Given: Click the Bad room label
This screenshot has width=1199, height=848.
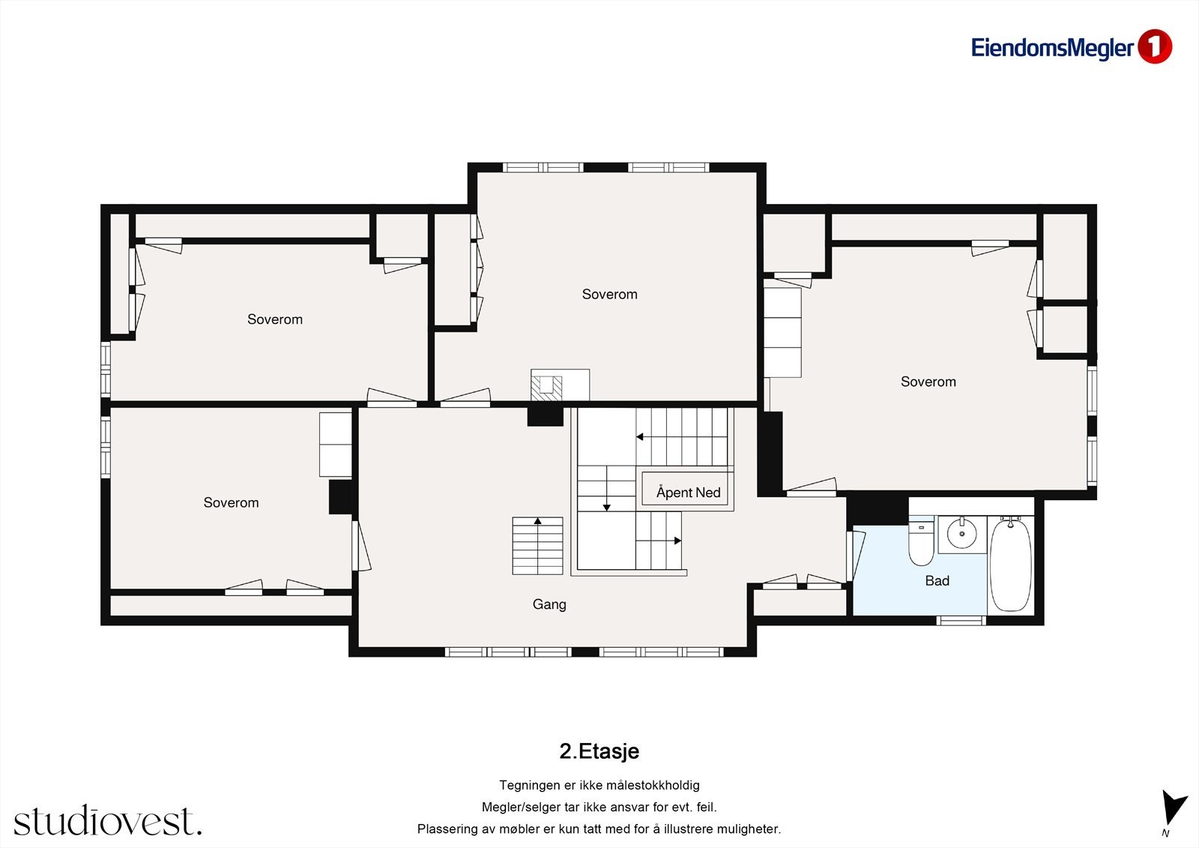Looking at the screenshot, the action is click(x=937, y=580).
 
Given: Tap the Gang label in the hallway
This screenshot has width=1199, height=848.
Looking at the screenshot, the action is click(x=549, y=604).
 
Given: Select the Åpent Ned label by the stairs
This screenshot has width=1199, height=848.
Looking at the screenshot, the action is click(x=689, y=493).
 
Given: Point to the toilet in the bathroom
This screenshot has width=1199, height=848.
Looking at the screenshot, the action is click(x=921, y=543).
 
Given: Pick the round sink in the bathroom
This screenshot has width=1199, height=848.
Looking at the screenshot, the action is click(x=962, y=534).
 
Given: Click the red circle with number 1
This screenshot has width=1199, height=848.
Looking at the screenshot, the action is click(x=1155, y=46).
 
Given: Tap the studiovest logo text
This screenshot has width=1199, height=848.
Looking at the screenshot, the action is click(x=108, y=820).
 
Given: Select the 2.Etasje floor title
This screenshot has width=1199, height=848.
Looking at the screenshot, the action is click(x=599, y=751).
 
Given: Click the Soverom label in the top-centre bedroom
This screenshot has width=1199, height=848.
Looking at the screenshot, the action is click(x=610, y=294).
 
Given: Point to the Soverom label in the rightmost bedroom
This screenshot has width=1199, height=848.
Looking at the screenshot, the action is click(x=928, y=382).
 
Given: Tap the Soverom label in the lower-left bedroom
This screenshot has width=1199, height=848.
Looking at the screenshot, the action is click(x=231, y=502).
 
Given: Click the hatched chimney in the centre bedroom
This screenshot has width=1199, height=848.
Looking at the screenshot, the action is click(x=546, y=388).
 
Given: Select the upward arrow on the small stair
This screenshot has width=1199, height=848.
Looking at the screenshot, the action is click(x=537, y=520).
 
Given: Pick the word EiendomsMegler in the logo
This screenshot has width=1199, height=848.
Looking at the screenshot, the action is click(x=1052, y=48).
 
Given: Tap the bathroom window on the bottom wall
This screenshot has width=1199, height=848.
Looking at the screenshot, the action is click(x=961, y=621).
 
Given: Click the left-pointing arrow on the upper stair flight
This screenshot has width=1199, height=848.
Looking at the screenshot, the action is click(x=640, y=436).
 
